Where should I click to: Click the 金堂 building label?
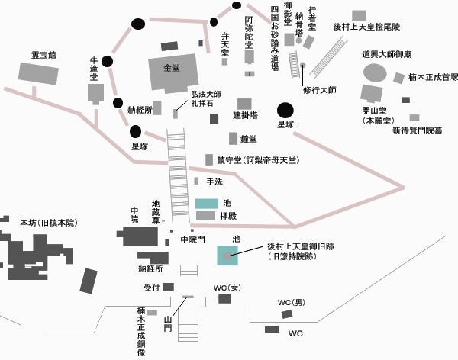(171, 68)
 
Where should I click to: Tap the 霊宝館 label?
(44, 55)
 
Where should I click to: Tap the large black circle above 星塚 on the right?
(285, 111)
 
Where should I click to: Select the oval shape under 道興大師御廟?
(375, 72)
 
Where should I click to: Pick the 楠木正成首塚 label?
(433, 77)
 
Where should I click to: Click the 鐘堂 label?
(248, 140)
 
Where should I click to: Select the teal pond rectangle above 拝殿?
(206, 204)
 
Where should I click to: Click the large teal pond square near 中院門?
(227, 256)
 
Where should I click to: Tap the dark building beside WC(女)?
(224, 299)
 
